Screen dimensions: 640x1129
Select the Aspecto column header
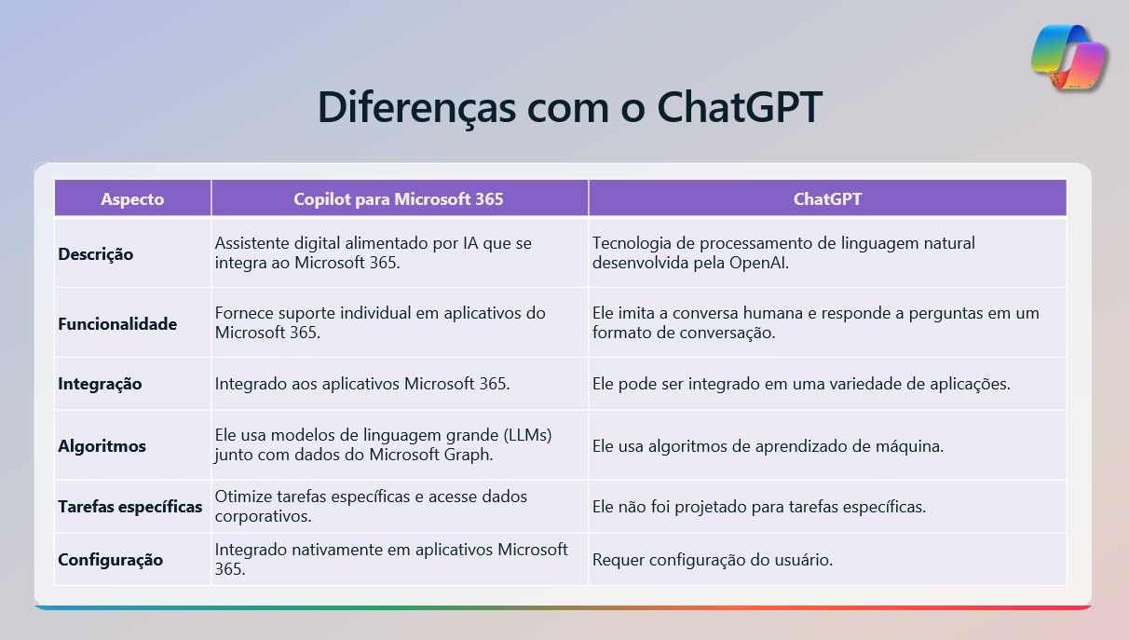[x=132, y=198]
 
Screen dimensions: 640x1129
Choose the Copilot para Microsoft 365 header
[x=399, y=198]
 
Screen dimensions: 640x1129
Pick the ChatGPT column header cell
[x=827, y=198]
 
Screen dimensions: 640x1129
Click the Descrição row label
[x=96, y=253]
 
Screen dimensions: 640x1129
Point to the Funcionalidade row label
[x=117, y=324]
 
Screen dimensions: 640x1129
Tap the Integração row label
[x=100, y=383]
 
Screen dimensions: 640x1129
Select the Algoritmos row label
[x=102, y=446]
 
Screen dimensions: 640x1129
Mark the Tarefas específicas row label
[x=130, y=507]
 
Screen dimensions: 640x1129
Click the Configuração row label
[x=111, y=560]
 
